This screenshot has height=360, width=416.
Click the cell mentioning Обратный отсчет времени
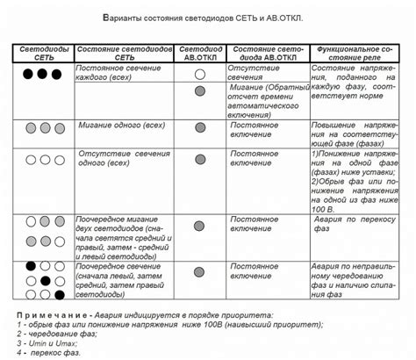[x=269, y=102]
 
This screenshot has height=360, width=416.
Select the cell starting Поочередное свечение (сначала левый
[x=122, y=278]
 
